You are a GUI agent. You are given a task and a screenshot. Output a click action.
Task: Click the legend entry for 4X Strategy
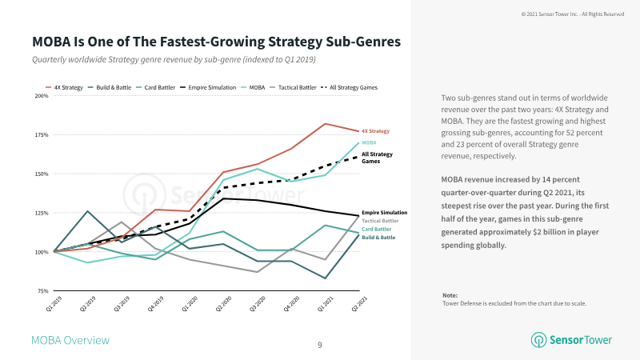(64, 87)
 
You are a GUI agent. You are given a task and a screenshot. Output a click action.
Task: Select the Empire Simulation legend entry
(208, 87)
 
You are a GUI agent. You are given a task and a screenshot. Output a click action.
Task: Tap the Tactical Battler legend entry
(293, 87)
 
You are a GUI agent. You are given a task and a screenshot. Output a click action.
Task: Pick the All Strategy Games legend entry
(350, 87)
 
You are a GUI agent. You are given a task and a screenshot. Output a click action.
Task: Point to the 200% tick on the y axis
(42, 96)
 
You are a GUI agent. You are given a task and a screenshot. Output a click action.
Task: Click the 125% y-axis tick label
(42, 213)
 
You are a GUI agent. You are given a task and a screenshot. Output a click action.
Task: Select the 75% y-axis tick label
(43, 291)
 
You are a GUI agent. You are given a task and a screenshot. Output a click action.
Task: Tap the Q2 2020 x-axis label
(224, 304)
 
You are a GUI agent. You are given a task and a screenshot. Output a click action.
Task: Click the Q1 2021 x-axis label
(326, 304)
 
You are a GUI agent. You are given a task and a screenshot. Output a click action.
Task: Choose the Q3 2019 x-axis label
(122, 304)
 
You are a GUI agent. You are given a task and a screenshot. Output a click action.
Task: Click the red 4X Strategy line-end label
(375, 131)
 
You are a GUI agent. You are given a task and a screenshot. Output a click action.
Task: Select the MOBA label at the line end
(369, 142)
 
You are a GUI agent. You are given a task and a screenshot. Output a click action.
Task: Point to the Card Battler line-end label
(376, 229)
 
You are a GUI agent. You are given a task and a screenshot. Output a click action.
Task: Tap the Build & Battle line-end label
(378, 237)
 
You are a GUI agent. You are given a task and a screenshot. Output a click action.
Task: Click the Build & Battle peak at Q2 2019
(88, 211)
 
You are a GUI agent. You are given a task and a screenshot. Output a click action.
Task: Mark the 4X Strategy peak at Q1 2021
(326, 123)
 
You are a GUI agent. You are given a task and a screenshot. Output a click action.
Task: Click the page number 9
(319, 346)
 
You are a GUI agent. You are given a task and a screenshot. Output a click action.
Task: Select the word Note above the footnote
(450, 295)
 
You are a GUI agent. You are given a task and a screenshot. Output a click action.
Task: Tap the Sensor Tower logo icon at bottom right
(538, 340)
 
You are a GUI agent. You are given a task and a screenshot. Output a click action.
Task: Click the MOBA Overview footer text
(70, 341)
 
